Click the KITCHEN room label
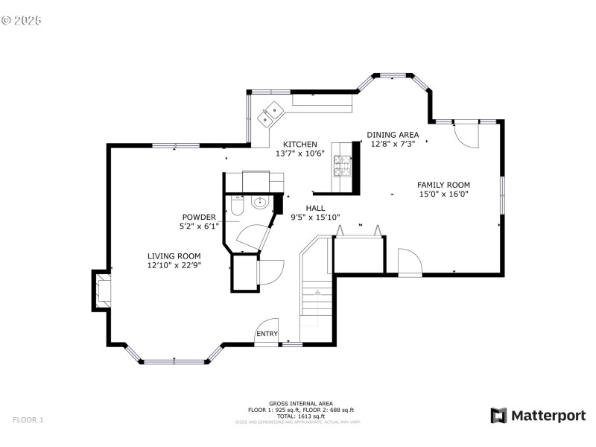(x=299, y=145)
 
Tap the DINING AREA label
(x=393, y=135)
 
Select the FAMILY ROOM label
(x=443, y=185)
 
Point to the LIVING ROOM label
(x=174, y=256)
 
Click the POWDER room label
(x=198, y=217)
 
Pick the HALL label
(x=314, y=209)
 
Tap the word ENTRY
(x=267, y=334)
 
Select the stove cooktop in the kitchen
(x=342, y=166)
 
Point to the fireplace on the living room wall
(x=100, y=290)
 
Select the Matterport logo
(x=538, y=416)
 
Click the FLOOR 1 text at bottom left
(x=28, y=420)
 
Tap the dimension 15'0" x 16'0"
(x=443, y=194)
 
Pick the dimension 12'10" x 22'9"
(x=174, y=264)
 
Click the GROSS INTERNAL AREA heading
(x=301, y=403)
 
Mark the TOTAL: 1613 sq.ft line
(x=301, y=416)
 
